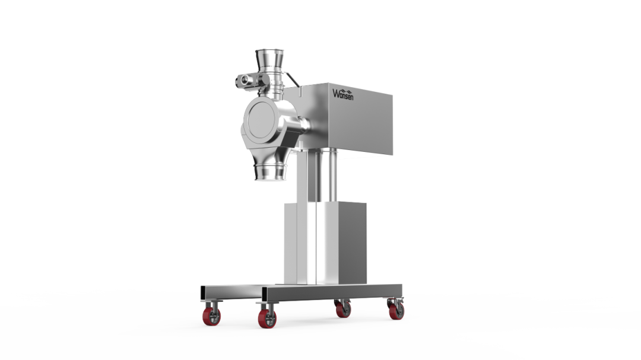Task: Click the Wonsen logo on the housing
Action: pyautogui.click(x=344, y=94)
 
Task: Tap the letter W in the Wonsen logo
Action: pyautogui.click(x=337, y=93)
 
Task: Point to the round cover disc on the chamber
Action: pyautogui.click(x=259, y=124)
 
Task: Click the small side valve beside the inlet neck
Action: pyautogui.click(x=245, y=79)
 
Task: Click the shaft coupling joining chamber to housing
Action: pyautogui.click(x=304, y=125)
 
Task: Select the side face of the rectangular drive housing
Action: pyautogui.click(x=362, y=122)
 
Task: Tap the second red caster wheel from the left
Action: pyautogui.click(x=267, y=319)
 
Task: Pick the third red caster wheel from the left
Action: pyautogui.click(x=344, y=310)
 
